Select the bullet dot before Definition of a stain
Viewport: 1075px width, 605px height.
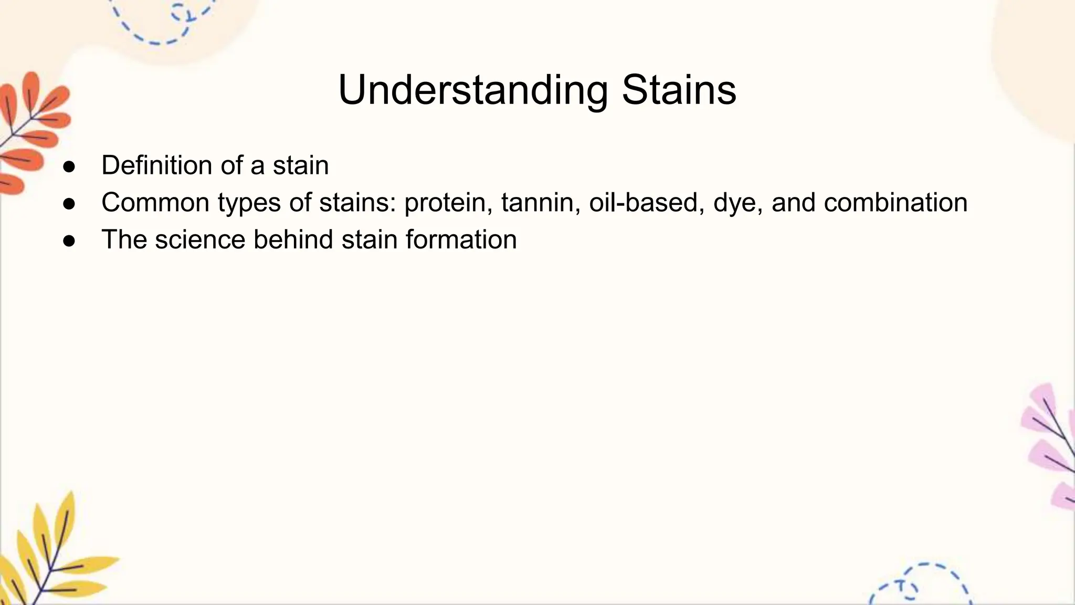(x=69, y=167)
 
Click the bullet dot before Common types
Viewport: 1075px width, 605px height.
(x=69, y=204)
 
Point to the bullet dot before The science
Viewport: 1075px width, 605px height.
(x=69, y=241)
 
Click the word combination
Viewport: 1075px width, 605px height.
(x=895, y=203)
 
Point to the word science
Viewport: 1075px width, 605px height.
(x=200, y=240)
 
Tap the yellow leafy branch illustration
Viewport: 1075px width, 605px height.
(x=50, y=557)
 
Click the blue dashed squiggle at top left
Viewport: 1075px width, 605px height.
(x=163, y=24)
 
